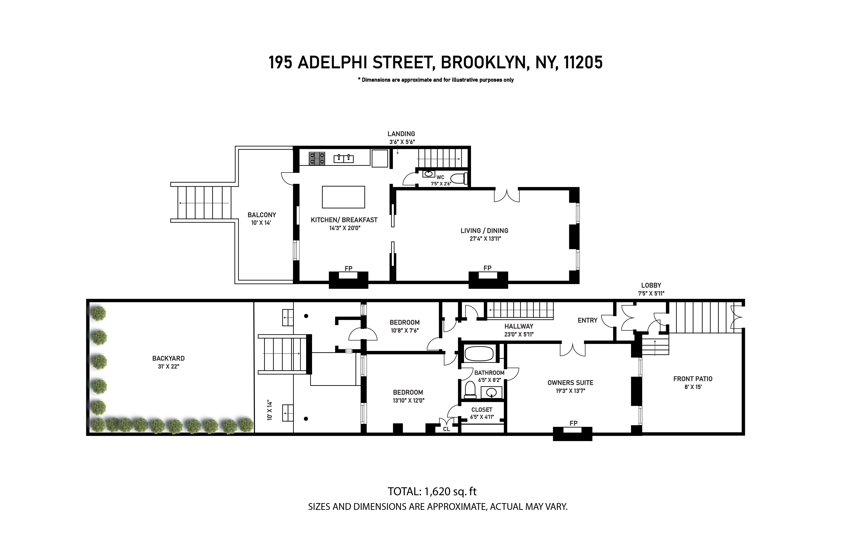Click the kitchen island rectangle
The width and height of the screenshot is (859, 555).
[x=343, y=197]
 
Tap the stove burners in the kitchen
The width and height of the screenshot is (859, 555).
[x=317, y=159]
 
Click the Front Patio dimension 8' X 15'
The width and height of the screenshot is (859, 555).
[x=693, y=387]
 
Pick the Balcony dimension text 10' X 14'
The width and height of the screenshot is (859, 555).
[x=261, y=223]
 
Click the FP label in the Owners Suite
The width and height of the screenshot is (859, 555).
[x=573, y=423]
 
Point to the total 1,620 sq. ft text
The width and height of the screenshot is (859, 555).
[x=432, y=492]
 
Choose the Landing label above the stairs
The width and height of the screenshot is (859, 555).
[x=401, y=134]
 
